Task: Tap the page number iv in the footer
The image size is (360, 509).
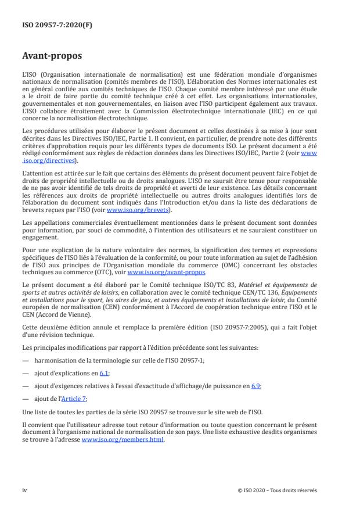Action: click(x=24, y=490)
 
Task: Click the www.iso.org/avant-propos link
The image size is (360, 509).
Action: click(x=166, y=271)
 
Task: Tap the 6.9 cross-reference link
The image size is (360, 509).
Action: click(x=255, y=385)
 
